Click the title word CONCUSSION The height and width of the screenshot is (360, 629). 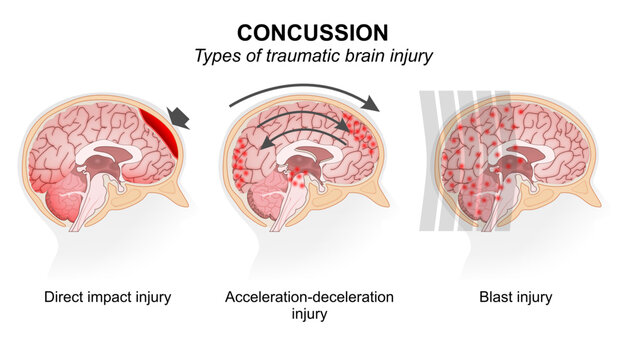[x=315, y=31]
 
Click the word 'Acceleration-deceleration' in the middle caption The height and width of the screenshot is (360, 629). [x=309, y=297]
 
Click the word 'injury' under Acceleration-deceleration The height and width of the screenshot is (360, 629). [x=309, y=314]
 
